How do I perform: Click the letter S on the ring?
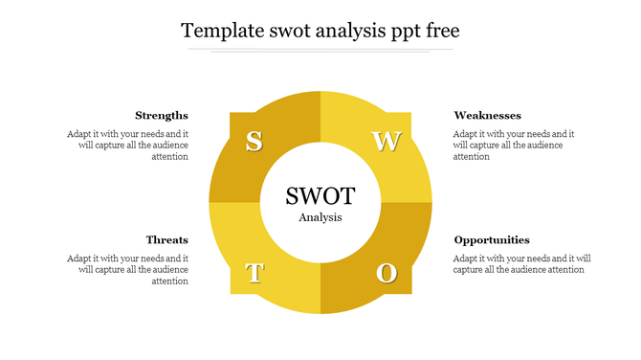point(254,142)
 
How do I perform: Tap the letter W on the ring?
point(387,142)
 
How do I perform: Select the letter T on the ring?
point(254,274)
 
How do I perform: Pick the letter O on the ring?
point(387,274)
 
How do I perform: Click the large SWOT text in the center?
point(320,196)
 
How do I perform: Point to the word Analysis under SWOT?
point(320,217)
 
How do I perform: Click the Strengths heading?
point(162,116)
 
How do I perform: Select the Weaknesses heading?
point(487,116)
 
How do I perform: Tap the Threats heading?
point(167,240)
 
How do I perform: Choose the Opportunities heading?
point(492,240)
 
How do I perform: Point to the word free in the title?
point(439,31)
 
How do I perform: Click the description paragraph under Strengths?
point(127,146)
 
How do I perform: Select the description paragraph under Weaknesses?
point(514,146)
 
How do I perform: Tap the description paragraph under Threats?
point(127,270)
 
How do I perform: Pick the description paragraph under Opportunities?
point(521,264)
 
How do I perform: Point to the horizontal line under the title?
point(320,49)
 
